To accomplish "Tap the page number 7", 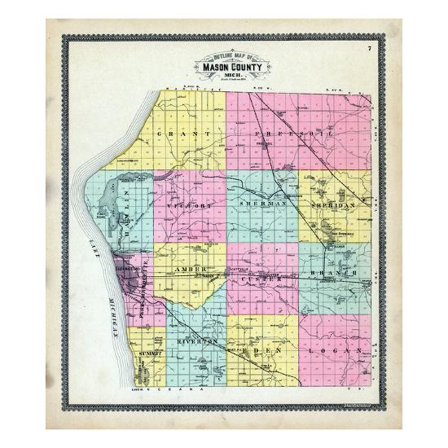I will (x=368, y=51).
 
